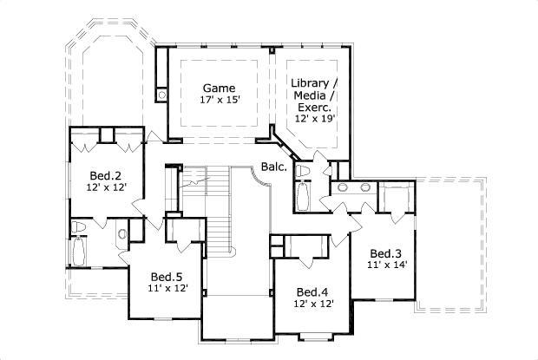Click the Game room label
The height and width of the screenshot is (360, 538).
pos(220,88)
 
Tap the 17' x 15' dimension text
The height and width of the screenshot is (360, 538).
pos(220,100)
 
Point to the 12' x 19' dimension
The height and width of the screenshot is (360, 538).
pos(313,119)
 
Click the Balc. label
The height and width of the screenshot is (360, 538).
pos(273,167)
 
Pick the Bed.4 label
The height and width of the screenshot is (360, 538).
pos(312,292)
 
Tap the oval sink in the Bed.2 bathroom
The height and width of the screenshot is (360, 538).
pos(121,232)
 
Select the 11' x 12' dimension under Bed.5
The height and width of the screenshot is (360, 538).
pos(168,290)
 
